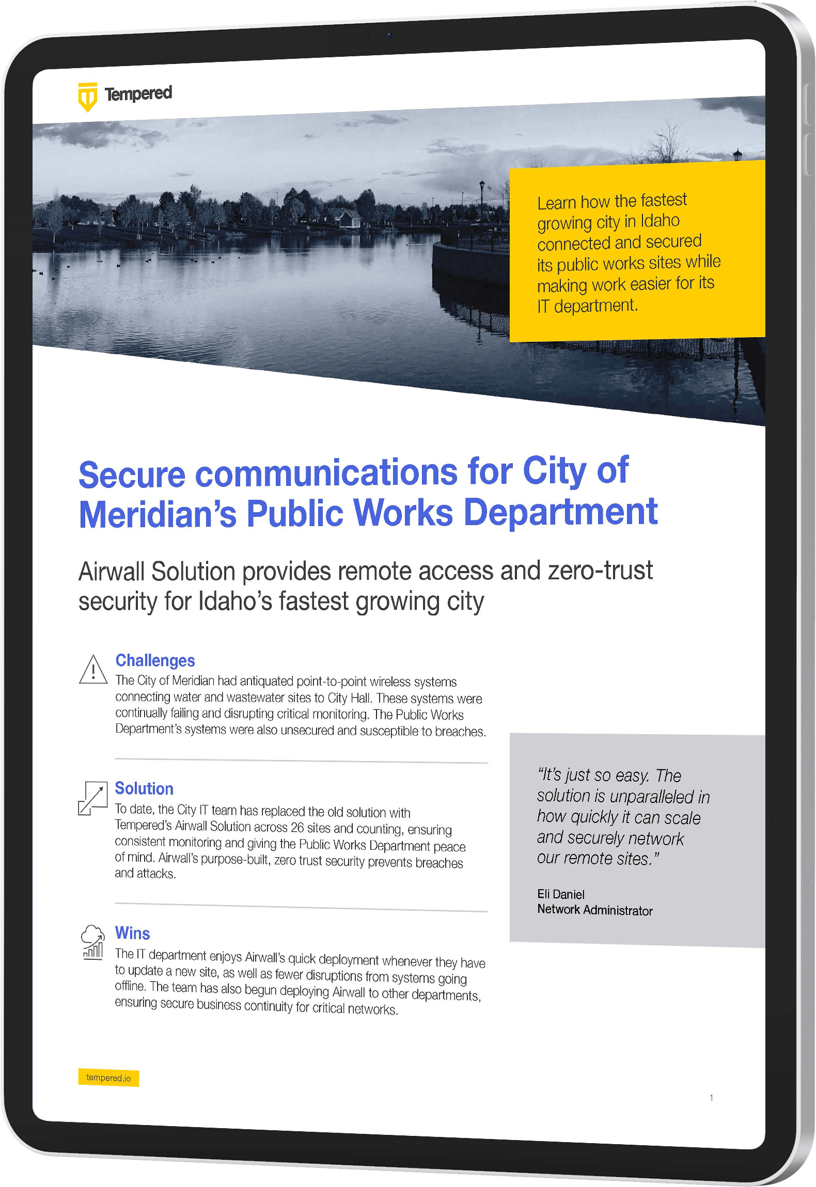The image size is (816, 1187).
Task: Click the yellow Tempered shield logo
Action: click(x=87, y=97)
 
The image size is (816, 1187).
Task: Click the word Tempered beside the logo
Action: click(x=138, y=93)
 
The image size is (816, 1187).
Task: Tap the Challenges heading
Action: click(x=155, y=660)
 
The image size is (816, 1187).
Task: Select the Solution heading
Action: click(x=144, y=788)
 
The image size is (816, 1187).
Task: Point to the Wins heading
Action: click(x=132, y=933)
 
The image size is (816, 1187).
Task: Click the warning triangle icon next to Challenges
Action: click(x=93, y=670)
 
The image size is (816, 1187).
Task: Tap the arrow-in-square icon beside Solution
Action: click(x=92, y=798)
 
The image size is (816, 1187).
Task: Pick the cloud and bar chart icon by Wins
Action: click(x=92, y=943)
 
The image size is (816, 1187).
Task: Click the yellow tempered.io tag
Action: click(x=108, y=1078)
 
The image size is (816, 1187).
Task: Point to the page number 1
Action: click(x=711, y=1098)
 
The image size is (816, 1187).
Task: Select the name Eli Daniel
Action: click(x=560, y=894)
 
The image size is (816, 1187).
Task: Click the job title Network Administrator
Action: click(x=594, y=910)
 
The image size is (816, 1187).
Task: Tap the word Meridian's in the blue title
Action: click(x=158, y=514)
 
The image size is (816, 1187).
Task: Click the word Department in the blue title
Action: click(x=560, y=512)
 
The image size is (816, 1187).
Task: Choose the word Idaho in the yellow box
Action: click(x=660, y=221)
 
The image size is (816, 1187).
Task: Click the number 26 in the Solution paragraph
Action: click(x=297, y=828)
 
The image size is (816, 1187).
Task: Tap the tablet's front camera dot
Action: click(x=389, y=36)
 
